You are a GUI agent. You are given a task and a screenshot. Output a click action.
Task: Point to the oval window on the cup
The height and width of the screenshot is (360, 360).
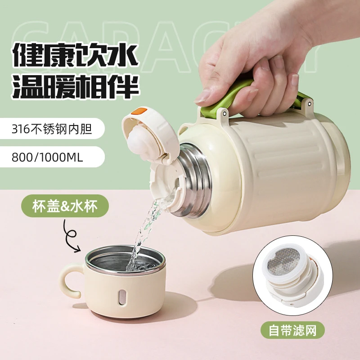tap(122, 297)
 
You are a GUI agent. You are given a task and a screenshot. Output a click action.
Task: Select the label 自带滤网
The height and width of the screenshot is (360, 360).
tap(292, 330)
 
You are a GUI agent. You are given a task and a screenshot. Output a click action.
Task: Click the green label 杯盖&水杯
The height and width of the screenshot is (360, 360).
tap(65, 206)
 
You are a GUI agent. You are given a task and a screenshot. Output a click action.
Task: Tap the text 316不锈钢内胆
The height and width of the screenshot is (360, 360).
tap(52, 129)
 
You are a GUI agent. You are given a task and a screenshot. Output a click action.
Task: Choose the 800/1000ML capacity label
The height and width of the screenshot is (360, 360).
tap(47, 157)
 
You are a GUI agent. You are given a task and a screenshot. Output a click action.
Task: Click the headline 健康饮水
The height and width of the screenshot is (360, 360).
tap(75, 55)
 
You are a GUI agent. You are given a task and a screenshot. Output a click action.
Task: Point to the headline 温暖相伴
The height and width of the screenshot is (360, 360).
tap(76, 86)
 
